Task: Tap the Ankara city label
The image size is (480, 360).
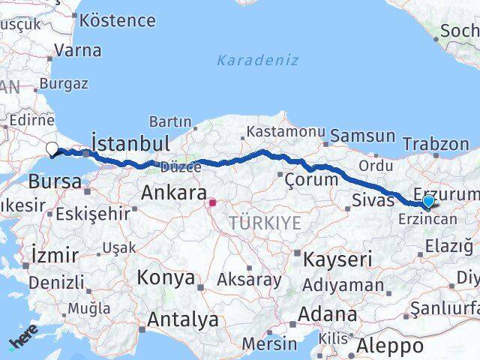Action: pyautogui.click(x=174, y=193)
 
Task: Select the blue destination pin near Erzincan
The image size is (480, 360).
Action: pyautogui.click(x=427, y=201)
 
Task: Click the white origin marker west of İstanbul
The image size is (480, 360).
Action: pyautogui.click(x=52, y=148)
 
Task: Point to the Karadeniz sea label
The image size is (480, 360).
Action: pyautogui.click(x=257, y=60)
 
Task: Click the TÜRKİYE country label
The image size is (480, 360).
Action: pyautogui.click(x=265, y=222)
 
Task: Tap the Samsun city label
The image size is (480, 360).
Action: pyautogui.click(x=362, y=136)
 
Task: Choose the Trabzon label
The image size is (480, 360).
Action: pyautogui.click(x=436, y=144)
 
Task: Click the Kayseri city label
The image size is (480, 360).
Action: pyautogui.click(x=337, y=259)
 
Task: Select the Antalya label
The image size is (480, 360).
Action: pyautogui.click(x=183, y=319)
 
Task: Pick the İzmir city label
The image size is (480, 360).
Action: pyautogui.click(x=55, y=255)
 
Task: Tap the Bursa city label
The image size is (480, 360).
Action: pyautogui.click(x=55, y=181)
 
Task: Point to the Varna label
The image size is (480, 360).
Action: pyautogui.click(x=78, y=51)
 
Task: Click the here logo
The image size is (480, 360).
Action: pyautogui.click(x=22, y=338)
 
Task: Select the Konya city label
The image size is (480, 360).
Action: pyautogui.click(x=166, y=277)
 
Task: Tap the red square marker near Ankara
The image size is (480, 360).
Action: pyautogui.click(x=212, y=202)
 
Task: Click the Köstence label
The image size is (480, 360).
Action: pyautogui.click(x=117, y=19)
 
